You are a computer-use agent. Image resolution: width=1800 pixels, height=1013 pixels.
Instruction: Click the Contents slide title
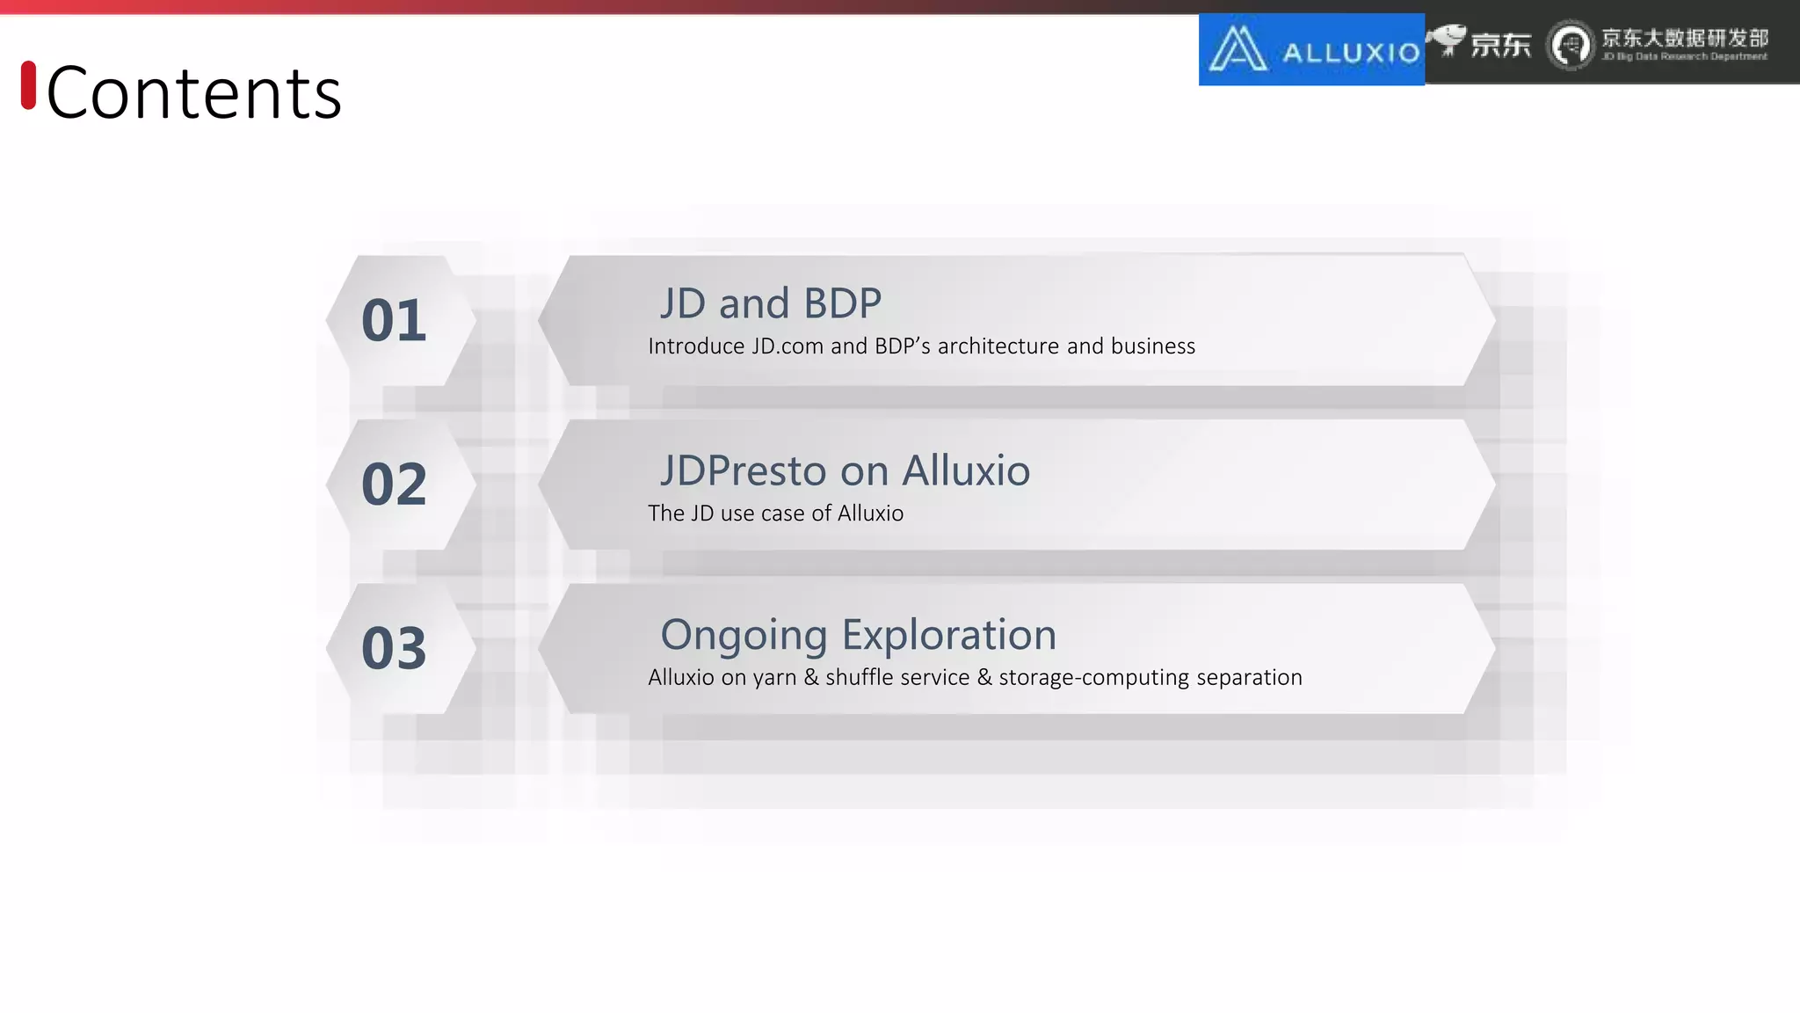pos(193,93)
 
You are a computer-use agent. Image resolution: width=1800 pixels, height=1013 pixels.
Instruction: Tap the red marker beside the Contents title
pos(28,85)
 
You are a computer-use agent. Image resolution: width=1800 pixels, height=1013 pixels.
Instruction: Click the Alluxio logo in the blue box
pos(1311,50)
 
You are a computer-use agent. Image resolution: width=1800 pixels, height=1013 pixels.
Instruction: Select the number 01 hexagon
pos(395,321)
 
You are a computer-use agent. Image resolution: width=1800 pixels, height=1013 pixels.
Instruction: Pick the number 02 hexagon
pos(395,485)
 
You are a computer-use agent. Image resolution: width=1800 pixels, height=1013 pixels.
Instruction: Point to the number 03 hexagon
pos(395,649)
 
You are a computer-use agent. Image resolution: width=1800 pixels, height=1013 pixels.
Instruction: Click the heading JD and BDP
pos(770,304)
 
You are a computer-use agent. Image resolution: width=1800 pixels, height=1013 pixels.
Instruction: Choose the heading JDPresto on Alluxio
pos(845,471)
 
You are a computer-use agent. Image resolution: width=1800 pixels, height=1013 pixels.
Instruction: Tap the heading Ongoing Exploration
pos(858,635)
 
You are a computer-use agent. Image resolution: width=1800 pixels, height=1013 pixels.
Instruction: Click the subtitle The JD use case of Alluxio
pos(775,514)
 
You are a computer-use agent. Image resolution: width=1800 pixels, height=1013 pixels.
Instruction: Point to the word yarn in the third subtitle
pos(774,678)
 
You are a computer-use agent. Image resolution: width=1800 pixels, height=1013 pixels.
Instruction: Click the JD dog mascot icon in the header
pos(1447,40)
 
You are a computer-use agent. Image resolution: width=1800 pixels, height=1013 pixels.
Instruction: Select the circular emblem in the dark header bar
pos(1571,46)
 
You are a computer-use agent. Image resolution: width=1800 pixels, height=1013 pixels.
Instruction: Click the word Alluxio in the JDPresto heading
pos(966,471)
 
